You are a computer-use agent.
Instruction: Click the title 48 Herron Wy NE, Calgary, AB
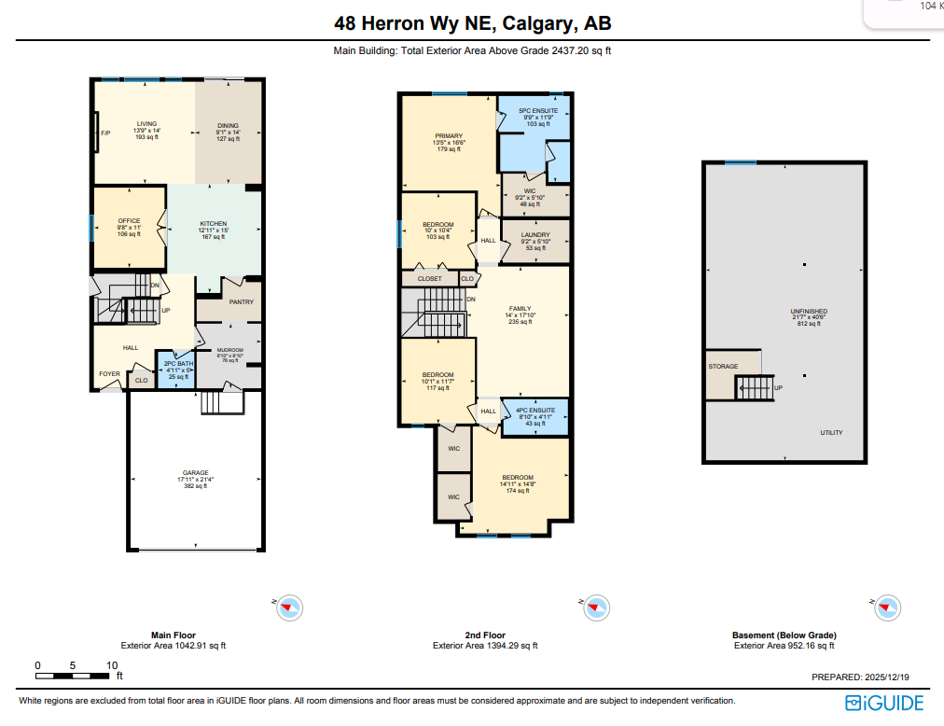(472, 24)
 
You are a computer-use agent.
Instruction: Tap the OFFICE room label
(129, 221)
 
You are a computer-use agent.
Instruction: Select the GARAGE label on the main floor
(195, 473)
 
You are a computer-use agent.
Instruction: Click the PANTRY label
(242, 302)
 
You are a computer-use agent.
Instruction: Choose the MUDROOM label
(229, 350)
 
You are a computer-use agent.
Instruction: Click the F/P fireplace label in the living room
(105, 133)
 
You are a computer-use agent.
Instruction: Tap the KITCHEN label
(214, 224)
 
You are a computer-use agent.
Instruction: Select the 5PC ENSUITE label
(538, 111)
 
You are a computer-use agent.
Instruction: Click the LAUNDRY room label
(535, 235)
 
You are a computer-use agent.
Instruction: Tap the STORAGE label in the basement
(723, 367)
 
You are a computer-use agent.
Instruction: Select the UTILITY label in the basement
(831, 433)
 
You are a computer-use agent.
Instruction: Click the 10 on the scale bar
(112, 665)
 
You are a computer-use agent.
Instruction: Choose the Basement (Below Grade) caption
(784, 635)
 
